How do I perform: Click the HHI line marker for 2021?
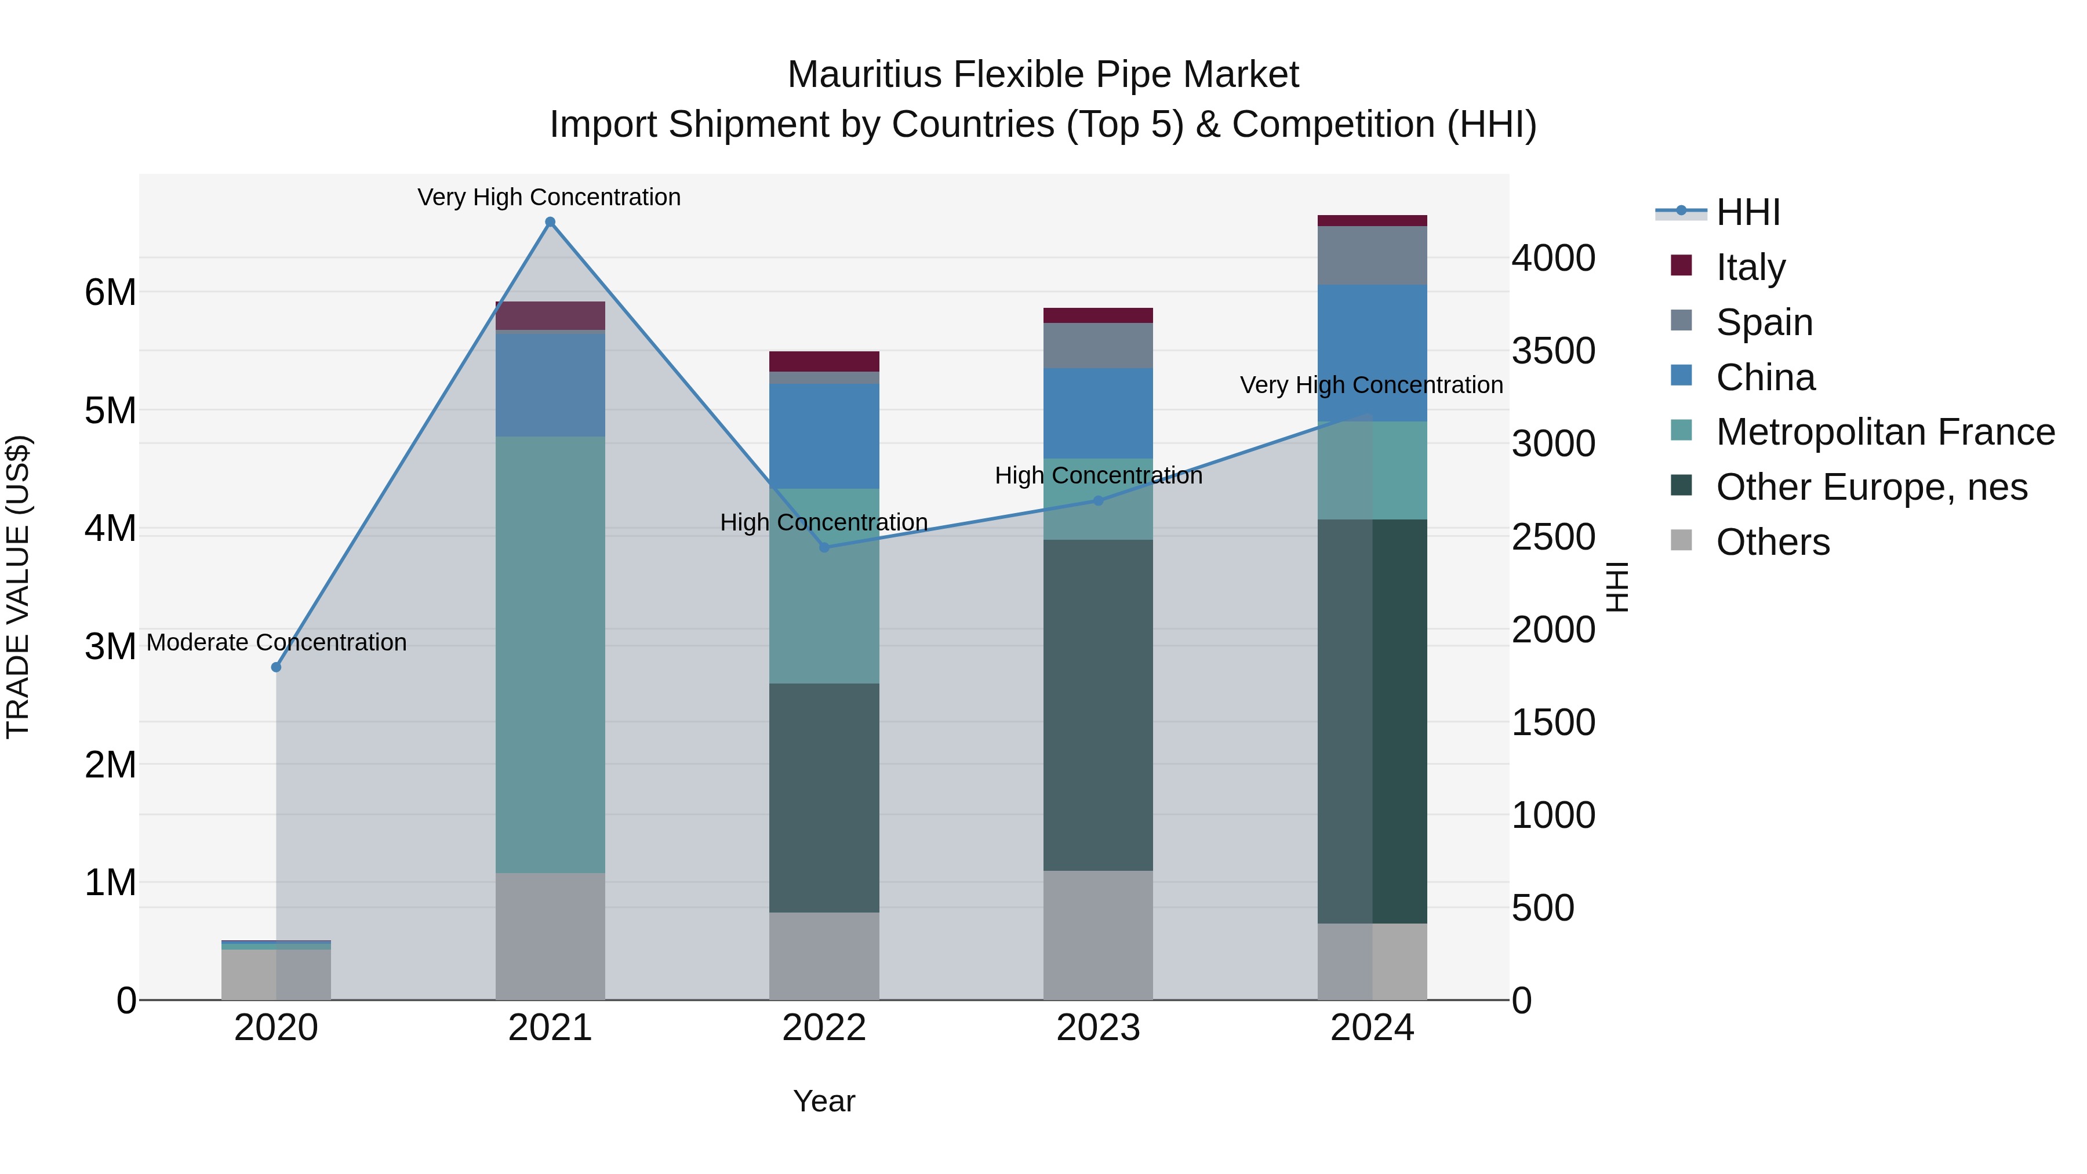[550, 222]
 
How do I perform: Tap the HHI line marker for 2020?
[277, 667]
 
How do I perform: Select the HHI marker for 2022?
[824, 548]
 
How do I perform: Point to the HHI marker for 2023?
[1098, 501]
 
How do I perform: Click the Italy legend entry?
[1750, 267]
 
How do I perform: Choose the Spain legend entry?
[1764, 322]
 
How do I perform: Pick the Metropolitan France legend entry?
[1885, 432]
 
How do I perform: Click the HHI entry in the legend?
[1747, 212]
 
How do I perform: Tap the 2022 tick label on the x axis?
[824, 1028]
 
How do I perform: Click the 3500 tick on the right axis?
[1553, 351]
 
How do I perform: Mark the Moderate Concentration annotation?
[277, 642]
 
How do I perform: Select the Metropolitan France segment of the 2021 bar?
[550, 655]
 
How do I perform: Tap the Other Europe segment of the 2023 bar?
[1098, 705]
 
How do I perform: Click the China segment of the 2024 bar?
[1372, 352]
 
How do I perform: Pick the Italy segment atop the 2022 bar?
[824, 361]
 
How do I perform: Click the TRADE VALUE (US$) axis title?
[18, 587]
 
